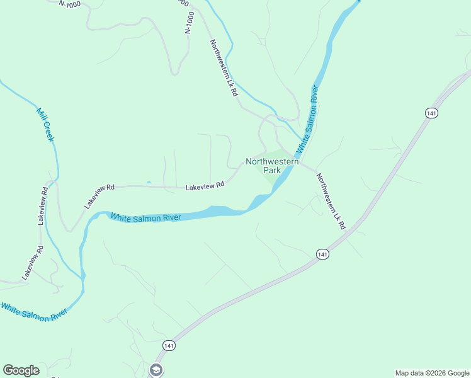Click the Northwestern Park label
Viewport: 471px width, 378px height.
pyautogui.click(x=272, y=166)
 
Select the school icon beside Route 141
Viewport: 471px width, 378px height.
pyautogui.click(x=156, y=369)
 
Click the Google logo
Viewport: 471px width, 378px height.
pyautogui.click(x=21, y=370)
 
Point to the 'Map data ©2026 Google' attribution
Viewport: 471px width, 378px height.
pyautogui.click(x=432, y=373)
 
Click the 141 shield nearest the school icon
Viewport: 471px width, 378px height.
pyautogui.click(x=167, y=346)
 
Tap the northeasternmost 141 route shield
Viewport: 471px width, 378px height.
pyautogui.click(x=431, y=113)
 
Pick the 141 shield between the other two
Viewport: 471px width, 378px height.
pyautogui.click(x=322, y=254)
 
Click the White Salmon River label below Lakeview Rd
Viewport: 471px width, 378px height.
pyautogui.click(x=146, y=217)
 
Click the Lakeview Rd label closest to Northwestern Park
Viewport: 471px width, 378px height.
pyautogui.click(x=205, y=186)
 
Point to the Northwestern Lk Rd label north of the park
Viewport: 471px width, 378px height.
pyautogui.click(x=224, y=67)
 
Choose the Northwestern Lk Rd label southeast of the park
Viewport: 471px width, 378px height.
pyautogui.click(x=331, y=201)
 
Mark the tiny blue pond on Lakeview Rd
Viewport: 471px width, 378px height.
pyautogui.click(x=149, y=183)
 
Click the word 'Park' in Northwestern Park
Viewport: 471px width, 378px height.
pyautogui.click(x=272, y=170)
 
